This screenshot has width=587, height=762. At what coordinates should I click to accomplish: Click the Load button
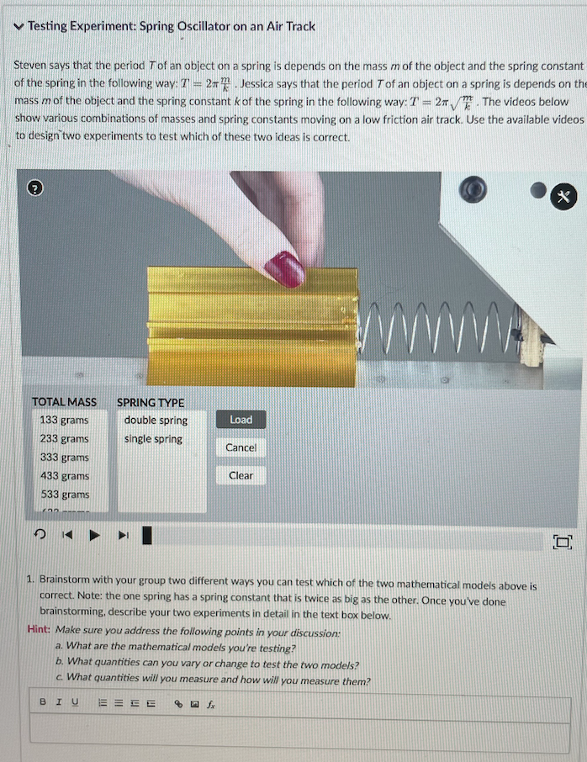click(241, 420)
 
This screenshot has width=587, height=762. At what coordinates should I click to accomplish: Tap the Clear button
click(241, 475)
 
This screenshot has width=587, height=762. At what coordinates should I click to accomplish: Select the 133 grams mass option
click(64, 421)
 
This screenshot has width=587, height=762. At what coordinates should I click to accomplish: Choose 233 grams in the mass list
click(64, 439)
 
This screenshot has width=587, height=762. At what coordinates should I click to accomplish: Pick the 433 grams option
click(64, 476)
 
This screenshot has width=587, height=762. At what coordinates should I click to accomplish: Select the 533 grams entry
click(64, 495)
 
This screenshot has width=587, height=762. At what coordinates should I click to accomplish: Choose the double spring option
click(156, 421)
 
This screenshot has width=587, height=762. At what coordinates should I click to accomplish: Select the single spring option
click(153, 439)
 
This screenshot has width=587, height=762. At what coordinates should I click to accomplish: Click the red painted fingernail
click(284, 269)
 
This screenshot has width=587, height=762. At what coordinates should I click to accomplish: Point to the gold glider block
click(252, 328)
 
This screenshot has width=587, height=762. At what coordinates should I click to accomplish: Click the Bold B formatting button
click(43, 701)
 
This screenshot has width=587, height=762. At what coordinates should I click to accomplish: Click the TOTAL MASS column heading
click(64, 402)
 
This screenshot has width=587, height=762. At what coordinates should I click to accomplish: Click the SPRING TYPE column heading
click(150, 402)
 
